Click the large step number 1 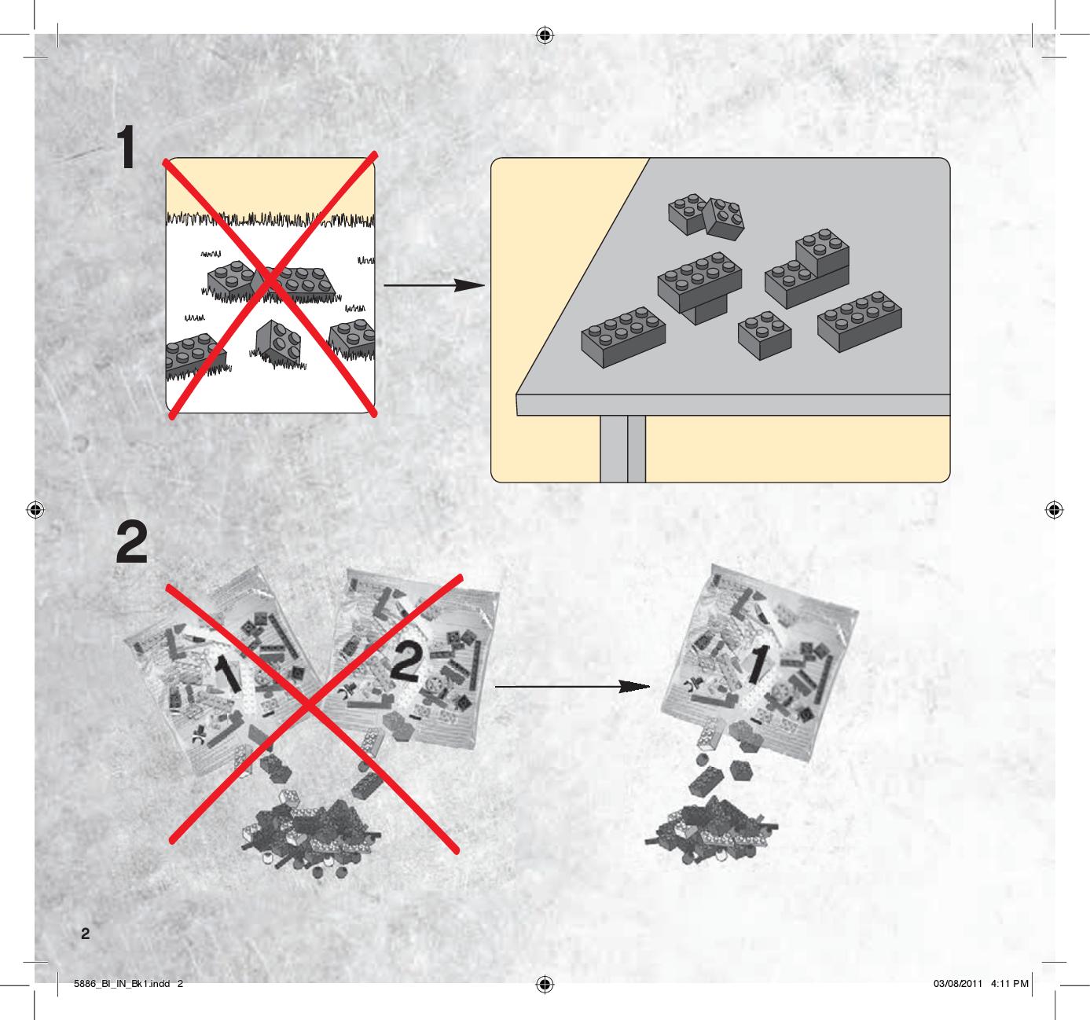127,147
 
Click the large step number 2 132,541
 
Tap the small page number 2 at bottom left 85,934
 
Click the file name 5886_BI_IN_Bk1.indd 122,984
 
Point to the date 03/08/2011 958,984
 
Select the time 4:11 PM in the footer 1009,984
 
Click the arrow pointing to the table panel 434,285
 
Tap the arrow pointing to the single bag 572,686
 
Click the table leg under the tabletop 622,449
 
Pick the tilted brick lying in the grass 278,342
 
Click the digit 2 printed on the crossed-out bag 407,663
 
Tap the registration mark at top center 545,35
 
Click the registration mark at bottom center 545,985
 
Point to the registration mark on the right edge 1054,510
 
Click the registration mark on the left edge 35,510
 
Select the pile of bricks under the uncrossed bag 712,830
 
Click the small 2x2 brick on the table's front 765,335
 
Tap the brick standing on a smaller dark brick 699,282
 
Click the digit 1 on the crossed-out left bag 228,673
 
